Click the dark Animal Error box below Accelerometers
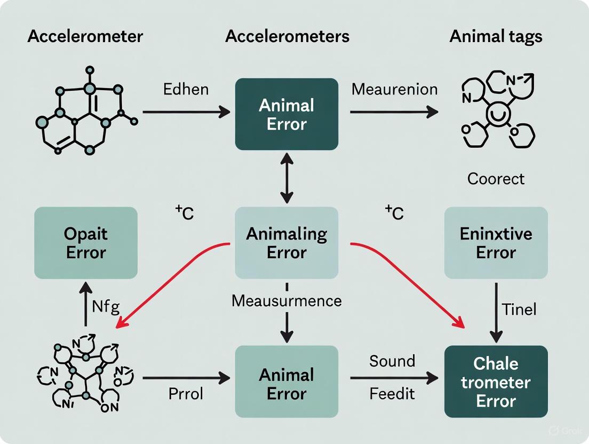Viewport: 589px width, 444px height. point(286,114)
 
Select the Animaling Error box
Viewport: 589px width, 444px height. point(286,243)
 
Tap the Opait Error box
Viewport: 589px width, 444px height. point(86,243)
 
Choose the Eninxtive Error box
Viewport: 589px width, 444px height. point(496,243)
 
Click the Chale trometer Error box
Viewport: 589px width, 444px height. point(496,382)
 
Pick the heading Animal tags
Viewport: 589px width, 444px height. point(496,37)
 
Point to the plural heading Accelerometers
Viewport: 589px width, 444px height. point(287,37)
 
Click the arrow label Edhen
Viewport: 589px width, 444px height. point(186,89)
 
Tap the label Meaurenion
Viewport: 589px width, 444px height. point(394,89)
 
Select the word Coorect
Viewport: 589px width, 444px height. point(496,178)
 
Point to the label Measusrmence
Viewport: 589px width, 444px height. point(286,301)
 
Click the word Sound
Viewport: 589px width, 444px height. point(392,361)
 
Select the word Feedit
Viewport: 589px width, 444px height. point(392,395)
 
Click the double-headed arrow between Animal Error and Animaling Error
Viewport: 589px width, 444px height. point(287,178)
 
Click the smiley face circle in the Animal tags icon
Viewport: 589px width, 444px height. point(496,115)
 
